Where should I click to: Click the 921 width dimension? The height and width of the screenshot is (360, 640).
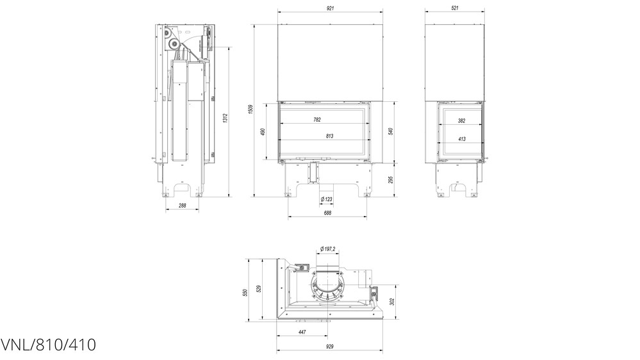330,8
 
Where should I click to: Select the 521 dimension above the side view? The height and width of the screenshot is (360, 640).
455,8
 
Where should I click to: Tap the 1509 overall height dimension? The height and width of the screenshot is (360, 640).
250,110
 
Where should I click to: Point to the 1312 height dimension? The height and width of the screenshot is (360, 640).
225,118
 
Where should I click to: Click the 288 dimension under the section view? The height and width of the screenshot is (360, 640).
183,206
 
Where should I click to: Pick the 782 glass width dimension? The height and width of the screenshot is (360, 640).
317,120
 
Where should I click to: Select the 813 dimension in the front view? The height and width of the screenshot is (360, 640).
330,136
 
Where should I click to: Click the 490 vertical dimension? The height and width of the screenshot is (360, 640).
263,132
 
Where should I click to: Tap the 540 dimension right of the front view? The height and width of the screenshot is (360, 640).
391,131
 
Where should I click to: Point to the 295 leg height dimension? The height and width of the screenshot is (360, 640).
391,179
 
